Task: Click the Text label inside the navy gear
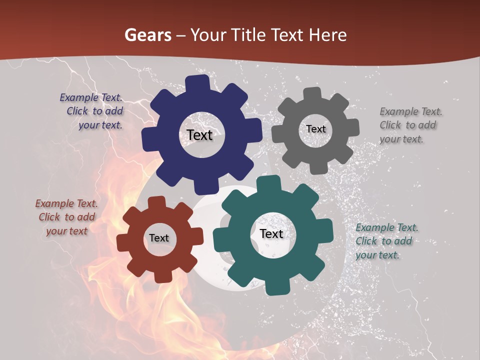(x=200, y=135)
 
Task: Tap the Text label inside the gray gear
(x=316, y=129)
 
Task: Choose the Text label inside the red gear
(x=159, y=238)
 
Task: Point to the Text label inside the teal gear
(x=271, y=233)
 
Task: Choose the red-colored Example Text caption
(x=66, y=217)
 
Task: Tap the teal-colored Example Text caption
(x=386, y=241)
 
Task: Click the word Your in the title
(x=210, y=35)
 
